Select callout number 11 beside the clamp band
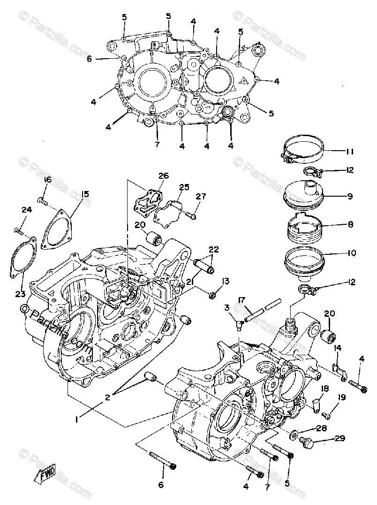[350, 152]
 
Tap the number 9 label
[350, 196]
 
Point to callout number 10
[351, 253]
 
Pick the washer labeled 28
[294, 434]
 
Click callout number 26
[163, 176]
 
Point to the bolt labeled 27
[190, 215]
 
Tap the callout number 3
[227, 307]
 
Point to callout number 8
[350, 225]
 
